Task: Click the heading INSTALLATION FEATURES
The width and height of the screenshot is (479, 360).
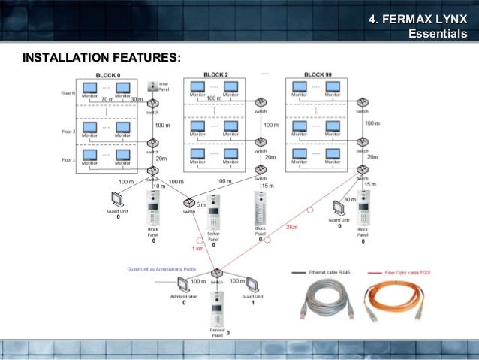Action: click(101, 58)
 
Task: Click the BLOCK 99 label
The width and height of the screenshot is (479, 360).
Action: click(318, 75)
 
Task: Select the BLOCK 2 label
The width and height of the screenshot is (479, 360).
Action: click(216, 75)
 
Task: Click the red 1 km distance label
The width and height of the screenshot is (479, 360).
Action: click(197, 249)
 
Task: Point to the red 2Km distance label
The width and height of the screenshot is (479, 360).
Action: click(292, 228)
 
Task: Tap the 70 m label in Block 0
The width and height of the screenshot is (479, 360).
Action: click(107, 99)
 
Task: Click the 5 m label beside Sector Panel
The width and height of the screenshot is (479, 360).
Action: click(201, 204)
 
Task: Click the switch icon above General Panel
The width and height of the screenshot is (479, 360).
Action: click(216, 272)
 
